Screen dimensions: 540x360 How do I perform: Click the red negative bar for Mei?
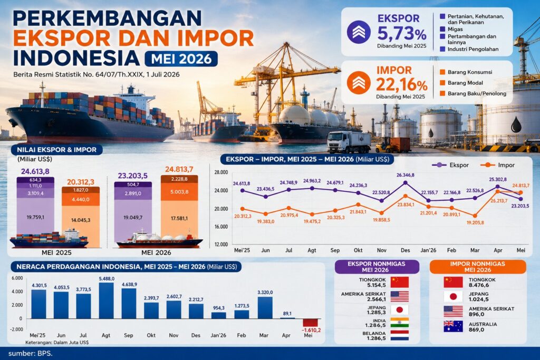[310, 323]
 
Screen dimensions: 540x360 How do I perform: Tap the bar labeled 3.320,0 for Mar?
[265, 308]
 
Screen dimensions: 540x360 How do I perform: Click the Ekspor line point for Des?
[406, 183]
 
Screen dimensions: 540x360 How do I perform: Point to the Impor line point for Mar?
[475, 216]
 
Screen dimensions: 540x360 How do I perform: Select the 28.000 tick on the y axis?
[221, 172]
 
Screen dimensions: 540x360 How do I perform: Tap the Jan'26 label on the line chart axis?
[428, 250]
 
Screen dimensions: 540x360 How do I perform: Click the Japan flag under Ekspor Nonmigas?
[400, 310]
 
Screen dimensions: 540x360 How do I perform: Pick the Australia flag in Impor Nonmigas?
[453, 326]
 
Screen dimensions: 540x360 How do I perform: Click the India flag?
[400, 323]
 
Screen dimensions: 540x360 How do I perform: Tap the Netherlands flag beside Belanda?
[400, 336]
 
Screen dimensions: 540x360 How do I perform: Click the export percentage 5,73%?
[402, 34]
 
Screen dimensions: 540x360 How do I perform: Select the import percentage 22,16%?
[401, 85]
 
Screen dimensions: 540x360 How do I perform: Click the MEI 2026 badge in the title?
[181, 59]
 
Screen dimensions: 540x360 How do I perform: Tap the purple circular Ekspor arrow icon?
[359, 32]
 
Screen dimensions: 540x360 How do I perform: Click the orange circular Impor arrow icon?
[359, 83]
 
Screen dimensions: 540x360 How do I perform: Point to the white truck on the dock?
[349, 142]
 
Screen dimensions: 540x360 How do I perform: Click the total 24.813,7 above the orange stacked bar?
[179, 169]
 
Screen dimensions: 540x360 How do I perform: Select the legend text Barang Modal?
[465, 83]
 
